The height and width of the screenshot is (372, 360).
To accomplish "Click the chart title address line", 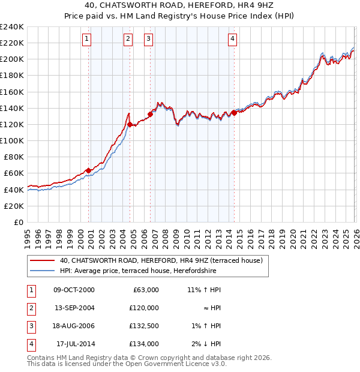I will (x=180, y=5).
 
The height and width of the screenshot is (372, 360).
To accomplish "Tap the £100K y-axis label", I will (x=12, y=140).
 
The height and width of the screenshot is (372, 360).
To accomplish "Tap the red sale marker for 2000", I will (x=89, y=170).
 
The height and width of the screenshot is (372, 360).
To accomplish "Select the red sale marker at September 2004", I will (x=130, y=124).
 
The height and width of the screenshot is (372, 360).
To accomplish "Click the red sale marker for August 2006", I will (x=150, y=114).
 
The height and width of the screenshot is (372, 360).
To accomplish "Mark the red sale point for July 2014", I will (x=234, y=113).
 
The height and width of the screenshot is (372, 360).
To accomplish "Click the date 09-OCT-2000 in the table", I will (x=74, y=290).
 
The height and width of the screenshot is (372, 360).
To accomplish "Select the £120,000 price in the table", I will (x=144, y=308).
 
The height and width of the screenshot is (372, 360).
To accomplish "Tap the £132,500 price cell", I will (x=144, y=326).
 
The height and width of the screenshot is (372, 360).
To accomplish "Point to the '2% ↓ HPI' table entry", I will (x=207, y=344).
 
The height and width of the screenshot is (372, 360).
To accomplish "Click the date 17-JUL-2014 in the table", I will (x=75, y=344).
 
